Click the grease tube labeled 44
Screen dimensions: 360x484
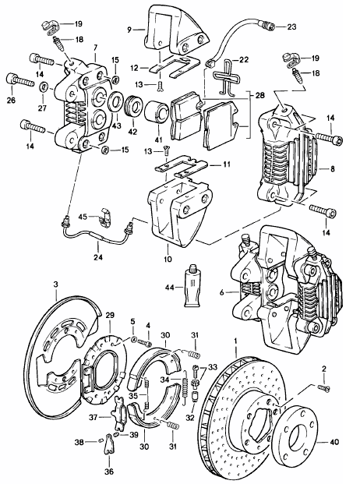[x=192, y=286]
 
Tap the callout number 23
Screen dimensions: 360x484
[x=291, y=26]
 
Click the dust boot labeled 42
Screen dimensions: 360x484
[x=134, y=107]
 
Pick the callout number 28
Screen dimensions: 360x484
[x=260, y=95]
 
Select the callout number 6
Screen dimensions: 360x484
[x=221, y=291]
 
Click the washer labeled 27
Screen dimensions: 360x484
[x=43, y=87]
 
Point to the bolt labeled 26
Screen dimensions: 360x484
[x=19, y=81]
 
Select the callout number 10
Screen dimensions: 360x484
[x=168, y=259]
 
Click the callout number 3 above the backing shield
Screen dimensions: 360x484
[x=55, y=284]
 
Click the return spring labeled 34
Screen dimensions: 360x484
[x=185, y=387]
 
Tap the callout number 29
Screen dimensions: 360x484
[x=110, y=315]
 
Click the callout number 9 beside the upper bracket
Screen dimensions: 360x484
[x=129, y=30]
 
